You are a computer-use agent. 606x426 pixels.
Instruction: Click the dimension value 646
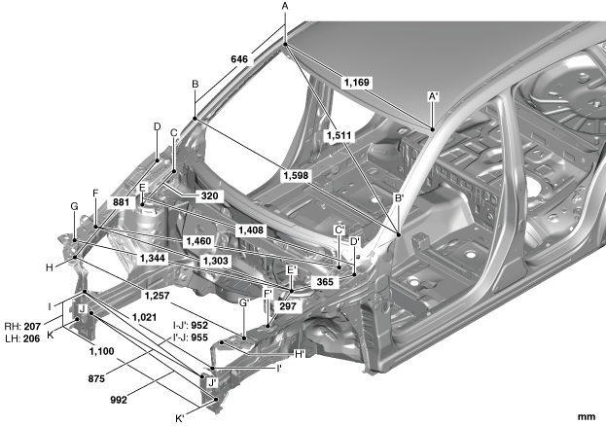[x=239, y=59]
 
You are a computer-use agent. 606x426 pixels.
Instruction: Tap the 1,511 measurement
[x=340, y=134]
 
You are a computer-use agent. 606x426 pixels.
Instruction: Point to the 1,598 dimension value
[x=299, y=175]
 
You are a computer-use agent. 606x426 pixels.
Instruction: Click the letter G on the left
[x=73, y=206]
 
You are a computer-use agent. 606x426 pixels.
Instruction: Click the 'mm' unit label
[x=586, y=416]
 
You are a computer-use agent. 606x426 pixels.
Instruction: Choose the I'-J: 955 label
[x=191, y=337]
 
